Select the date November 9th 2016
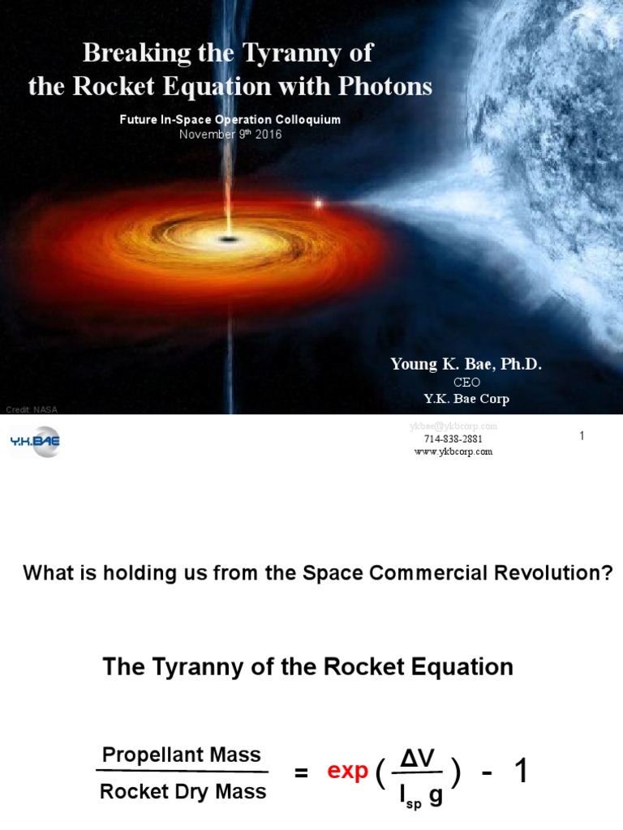(x=230, y=134)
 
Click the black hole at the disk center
(x=229, y=239)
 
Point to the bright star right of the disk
(x=319, y=203)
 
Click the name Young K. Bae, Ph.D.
(x=466, y=365)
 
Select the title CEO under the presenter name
(x=466, y=383)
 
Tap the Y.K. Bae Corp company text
(x=466, y=399)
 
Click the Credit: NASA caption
(x=32, y=409)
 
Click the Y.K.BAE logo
(x=35, y=441)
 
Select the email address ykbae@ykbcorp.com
(x=453, y=426)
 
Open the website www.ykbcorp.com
(x=453, y=452)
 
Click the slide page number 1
(x=582, y=436)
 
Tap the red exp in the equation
(x=347, y=772)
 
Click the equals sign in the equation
(x=301, y=774)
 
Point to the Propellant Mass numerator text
(x=182, y=755)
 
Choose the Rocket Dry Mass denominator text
(x=183, y=792)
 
